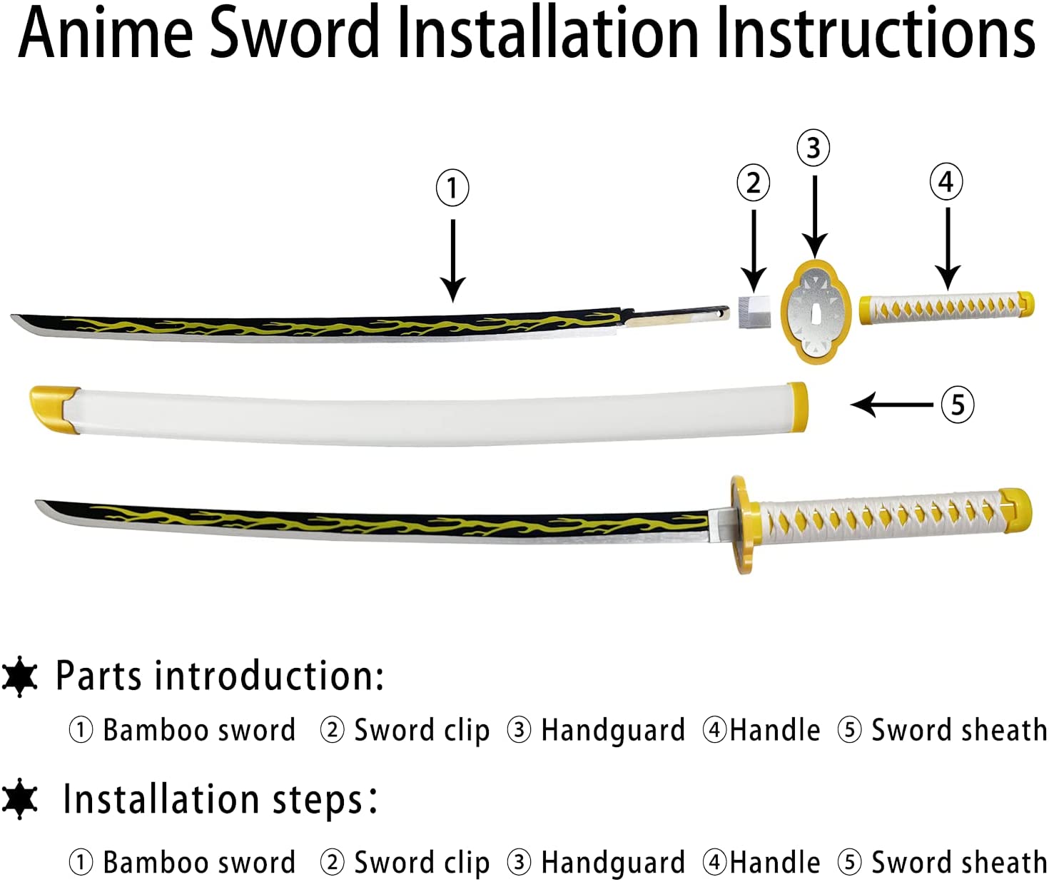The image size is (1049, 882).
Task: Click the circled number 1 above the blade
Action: point(452,188)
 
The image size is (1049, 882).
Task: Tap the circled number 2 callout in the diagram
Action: point(754,183)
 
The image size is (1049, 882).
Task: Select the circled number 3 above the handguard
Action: point(814,148)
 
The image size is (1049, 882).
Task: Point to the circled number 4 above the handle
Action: point(946,181)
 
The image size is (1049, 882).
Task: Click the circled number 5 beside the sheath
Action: point(958,405)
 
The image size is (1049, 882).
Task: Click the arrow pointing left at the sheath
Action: point(892,405)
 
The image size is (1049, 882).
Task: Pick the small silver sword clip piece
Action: point(755,311)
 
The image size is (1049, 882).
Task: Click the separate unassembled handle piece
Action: point(946,308)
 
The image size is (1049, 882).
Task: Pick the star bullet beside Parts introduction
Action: point(20,676)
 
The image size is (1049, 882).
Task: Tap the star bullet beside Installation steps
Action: point(20,799)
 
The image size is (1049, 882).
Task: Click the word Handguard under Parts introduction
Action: point(612,730)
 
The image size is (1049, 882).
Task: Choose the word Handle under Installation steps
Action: point(774,862)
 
